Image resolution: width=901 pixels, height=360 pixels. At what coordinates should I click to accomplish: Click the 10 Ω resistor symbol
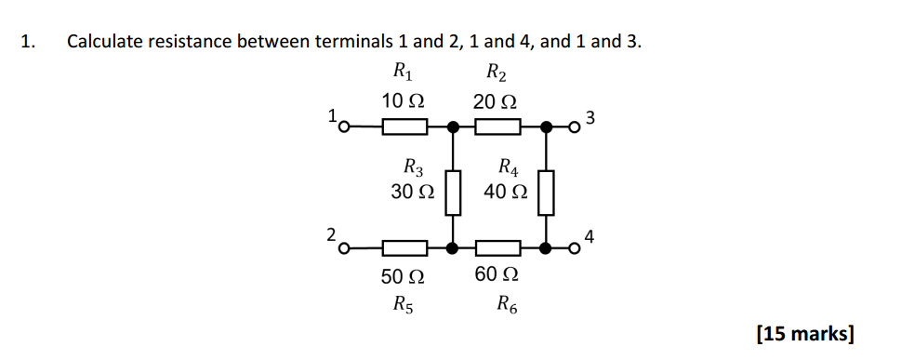(x=404, y=126)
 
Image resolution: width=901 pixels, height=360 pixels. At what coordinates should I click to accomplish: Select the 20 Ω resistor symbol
(x=497, y=126)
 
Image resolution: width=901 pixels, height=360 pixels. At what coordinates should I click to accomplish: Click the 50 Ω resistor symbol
(x=404, y=248)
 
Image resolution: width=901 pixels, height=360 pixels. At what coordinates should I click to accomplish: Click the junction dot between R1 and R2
(x=453, y=126)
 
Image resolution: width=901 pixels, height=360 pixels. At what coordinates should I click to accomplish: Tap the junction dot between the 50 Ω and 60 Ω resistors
(x=453, y=248)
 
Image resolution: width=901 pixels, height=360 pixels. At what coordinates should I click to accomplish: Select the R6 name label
(x=508, y=302)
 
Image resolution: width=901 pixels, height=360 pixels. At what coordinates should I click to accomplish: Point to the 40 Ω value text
(x=506, y=192)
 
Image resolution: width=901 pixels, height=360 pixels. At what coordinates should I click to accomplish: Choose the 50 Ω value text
(x=404, y=276)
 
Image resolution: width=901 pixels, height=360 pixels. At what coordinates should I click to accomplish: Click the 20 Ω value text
(x=495, y=100)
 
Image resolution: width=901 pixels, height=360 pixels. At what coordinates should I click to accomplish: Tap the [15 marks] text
(x=805, y=333)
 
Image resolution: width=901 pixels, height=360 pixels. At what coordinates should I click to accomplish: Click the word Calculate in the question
(x=104, y=42)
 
